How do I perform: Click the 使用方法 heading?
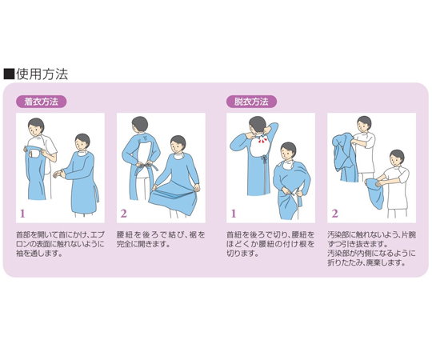pos(42,74)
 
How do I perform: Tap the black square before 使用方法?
pos(9,74)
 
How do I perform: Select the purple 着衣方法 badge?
pos(42,102)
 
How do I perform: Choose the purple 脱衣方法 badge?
pos(251,102)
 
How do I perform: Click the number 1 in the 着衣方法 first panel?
pos(22,214)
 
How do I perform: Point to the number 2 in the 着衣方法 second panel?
pos(124,214)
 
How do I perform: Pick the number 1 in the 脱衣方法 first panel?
pos(234,214)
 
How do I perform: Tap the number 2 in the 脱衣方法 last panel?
pos(334,214)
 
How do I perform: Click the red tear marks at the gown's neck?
pos(261,141)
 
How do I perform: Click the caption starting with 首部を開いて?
pos(60,244)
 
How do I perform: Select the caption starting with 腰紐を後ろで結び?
pos(161,239)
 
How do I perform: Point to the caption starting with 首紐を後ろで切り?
pos(270,244)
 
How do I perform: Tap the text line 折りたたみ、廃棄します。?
pos(366,262)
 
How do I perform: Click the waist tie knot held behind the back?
pos(144,166)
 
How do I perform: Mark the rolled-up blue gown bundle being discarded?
pos(374,194)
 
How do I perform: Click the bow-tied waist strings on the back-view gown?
pos(264,159)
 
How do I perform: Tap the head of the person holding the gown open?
pos(36,126)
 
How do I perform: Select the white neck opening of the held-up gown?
pos(34,153)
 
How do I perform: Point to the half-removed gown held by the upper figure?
pos(344,158)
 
